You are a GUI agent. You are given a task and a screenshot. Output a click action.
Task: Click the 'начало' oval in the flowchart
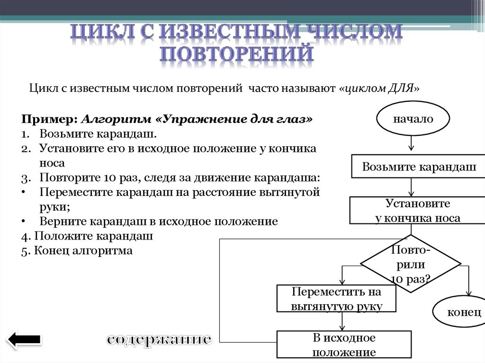[412, 119]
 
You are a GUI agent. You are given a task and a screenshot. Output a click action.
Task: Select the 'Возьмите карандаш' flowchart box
[417, 166]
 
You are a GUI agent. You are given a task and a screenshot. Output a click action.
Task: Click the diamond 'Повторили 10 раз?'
[411, 264]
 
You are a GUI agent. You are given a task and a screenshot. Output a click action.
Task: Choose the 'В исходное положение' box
[343, 345]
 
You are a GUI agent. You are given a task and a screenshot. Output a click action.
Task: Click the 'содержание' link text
[159, 339]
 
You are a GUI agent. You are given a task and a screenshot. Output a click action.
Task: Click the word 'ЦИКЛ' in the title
[103, 32]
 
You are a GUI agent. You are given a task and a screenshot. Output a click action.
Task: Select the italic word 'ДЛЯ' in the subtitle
[403, 88]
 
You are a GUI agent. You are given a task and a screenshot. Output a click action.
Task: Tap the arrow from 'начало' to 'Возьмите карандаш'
[412, 143]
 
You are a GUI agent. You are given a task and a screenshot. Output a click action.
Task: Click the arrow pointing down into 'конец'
[468, 289]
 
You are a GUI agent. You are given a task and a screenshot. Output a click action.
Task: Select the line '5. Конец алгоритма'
[77, 250]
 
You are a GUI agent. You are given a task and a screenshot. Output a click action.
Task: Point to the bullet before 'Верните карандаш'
[24, 221]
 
